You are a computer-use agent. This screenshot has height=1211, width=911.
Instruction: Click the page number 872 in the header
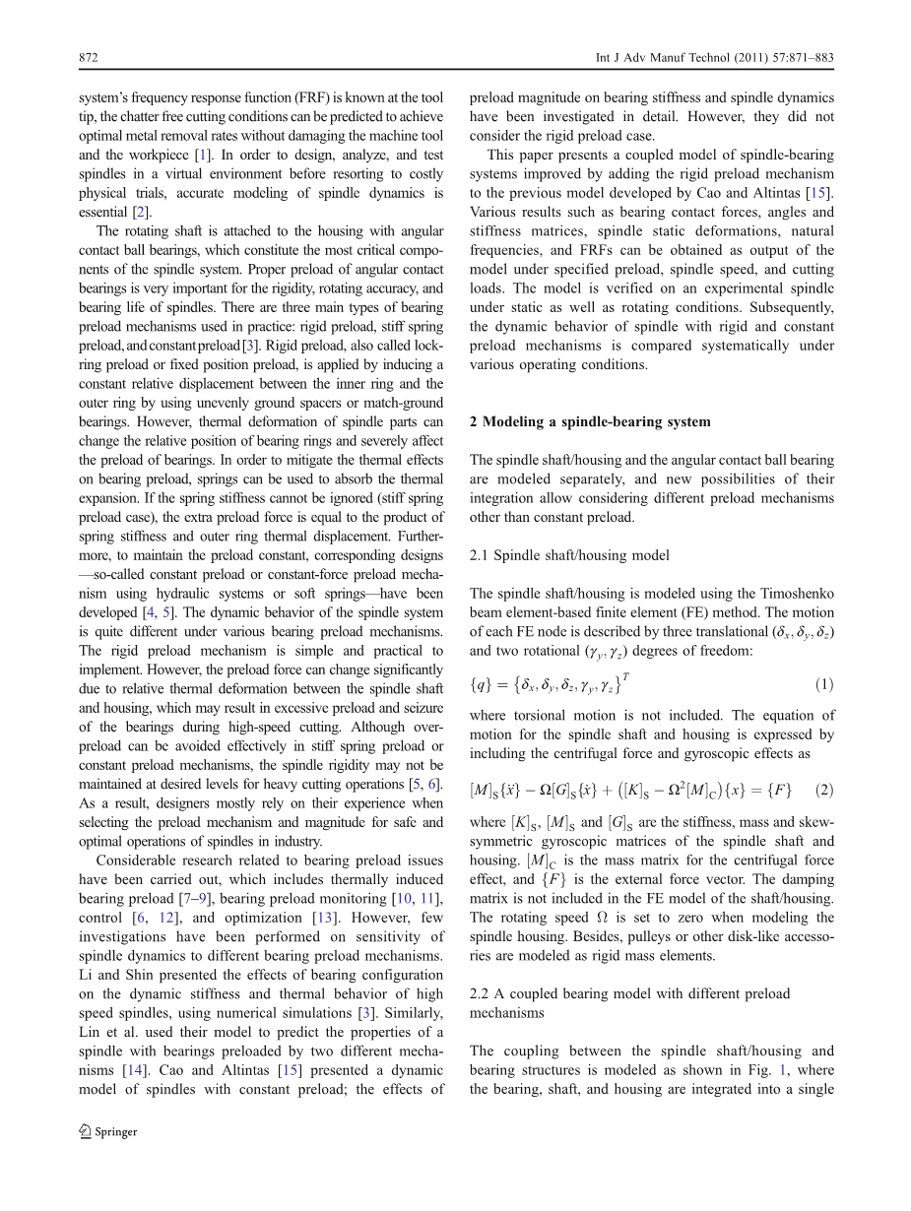point(88,58)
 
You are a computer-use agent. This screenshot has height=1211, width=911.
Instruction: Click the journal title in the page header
point(715,58)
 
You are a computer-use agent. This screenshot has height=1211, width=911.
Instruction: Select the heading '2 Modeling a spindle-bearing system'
point(590,422)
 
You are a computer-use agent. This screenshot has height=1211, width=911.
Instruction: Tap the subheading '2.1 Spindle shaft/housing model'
point(569,555)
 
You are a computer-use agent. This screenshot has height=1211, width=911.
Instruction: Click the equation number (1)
point(824,684)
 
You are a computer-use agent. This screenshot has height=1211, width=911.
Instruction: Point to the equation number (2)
point(824,789)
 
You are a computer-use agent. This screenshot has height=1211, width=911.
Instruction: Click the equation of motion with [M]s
point(630,789)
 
